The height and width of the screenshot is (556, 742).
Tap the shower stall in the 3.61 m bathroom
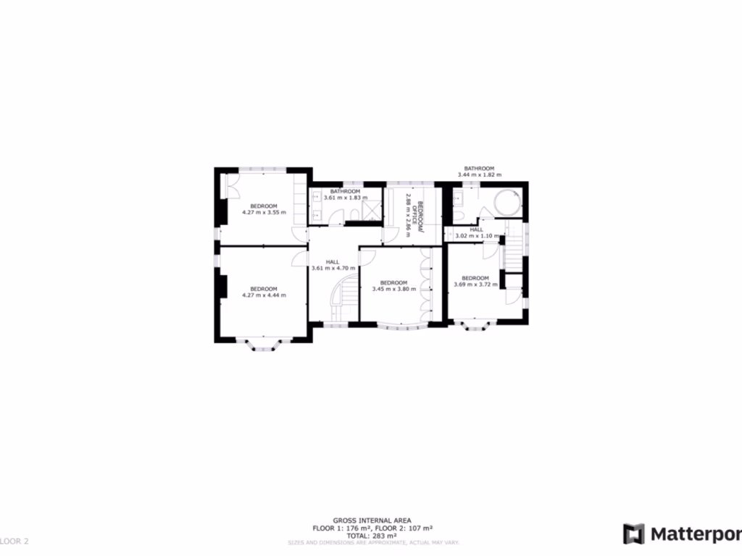[x=372, y=211]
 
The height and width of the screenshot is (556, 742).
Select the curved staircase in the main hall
[x=345, y=295]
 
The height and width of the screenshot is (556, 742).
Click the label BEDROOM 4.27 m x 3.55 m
[x=264, y=209]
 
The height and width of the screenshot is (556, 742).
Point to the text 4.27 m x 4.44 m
[x=264, y=295]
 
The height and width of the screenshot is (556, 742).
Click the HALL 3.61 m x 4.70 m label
[x=333, y=265]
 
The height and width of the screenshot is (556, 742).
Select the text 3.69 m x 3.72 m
[x=475, y=285]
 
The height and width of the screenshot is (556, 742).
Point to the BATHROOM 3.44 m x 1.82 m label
[x=480, y=172]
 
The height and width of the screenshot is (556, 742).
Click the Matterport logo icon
[x=635, y=534]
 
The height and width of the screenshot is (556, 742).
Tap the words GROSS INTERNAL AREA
[x=372, y=521]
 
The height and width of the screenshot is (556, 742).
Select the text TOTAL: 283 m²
[x=372, y=536]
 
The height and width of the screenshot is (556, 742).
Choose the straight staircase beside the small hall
[x=514, y=248]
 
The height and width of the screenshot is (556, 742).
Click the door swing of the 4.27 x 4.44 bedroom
[x=300, y=258]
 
